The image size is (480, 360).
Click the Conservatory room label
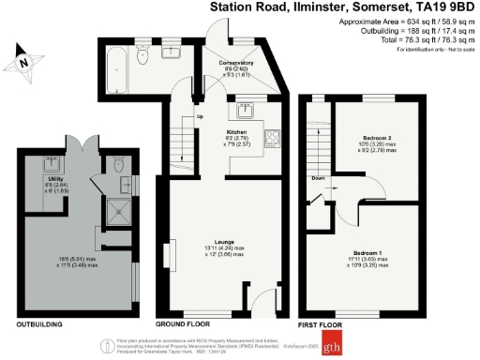pyautogui.click(x=235, y=64)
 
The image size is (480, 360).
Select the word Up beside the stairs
pyautogui.click(x=199, y=117)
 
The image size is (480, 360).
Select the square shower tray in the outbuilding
pyautogui.click(x=121, y=212)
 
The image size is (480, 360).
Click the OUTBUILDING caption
pyautogui.click(x=39, y=324)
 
